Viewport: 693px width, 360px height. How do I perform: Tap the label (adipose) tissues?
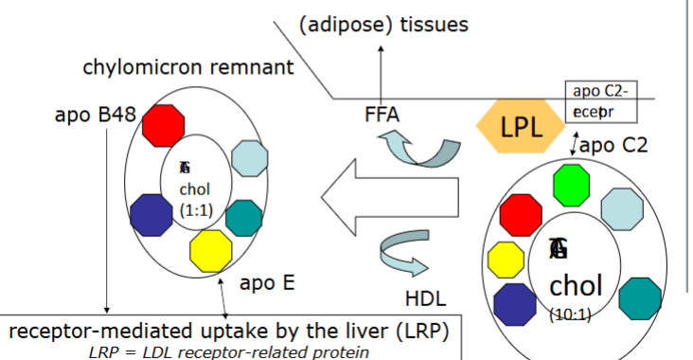pos(382,25)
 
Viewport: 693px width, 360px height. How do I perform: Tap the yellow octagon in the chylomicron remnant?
pos(211,249)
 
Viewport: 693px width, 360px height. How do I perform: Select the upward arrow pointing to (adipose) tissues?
pos(382,70)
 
